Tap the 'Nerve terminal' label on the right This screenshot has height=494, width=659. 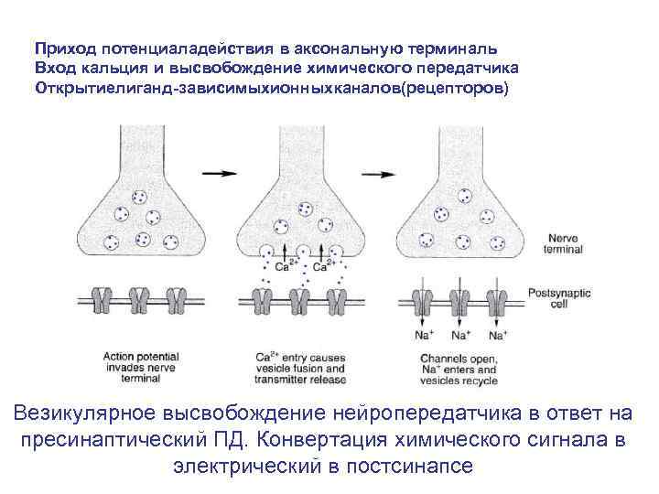pos(550,242)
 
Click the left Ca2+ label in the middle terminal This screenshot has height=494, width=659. pos(285,267)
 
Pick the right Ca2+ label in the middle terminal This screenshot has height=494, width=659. pos(321,267)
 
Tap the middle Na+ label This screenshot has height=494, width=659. pos(460,336)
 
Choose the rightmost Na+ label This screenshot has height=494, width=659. pos(495,336)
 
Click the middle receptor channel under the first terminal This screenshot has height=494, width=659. pos(139,299)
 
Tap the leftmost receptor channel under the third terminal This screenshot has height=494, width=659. pos(423,298)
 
